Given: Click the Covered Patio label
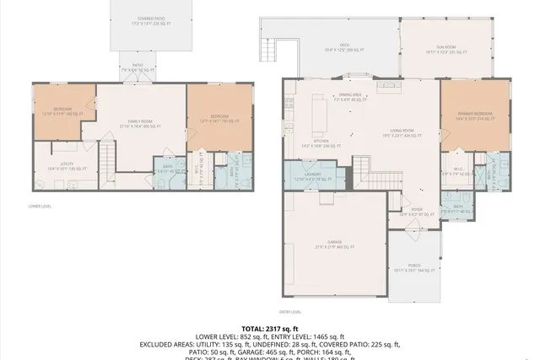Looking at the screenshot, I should pos(142,21).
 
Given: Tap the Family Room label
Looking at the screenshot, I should pos(144,124).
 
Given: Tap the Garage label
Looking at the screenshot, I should pos(335,245).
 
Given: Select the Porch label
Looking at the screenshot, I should pos(413,269).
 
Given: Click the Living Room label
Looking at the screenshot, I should pos(401,132).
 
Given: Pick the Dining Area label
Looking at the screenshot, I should pos(352,98).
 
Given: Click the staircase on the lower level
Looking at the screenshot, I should pos(107,157).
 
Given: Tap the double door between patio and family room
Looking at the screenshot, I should pos(138,81).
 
